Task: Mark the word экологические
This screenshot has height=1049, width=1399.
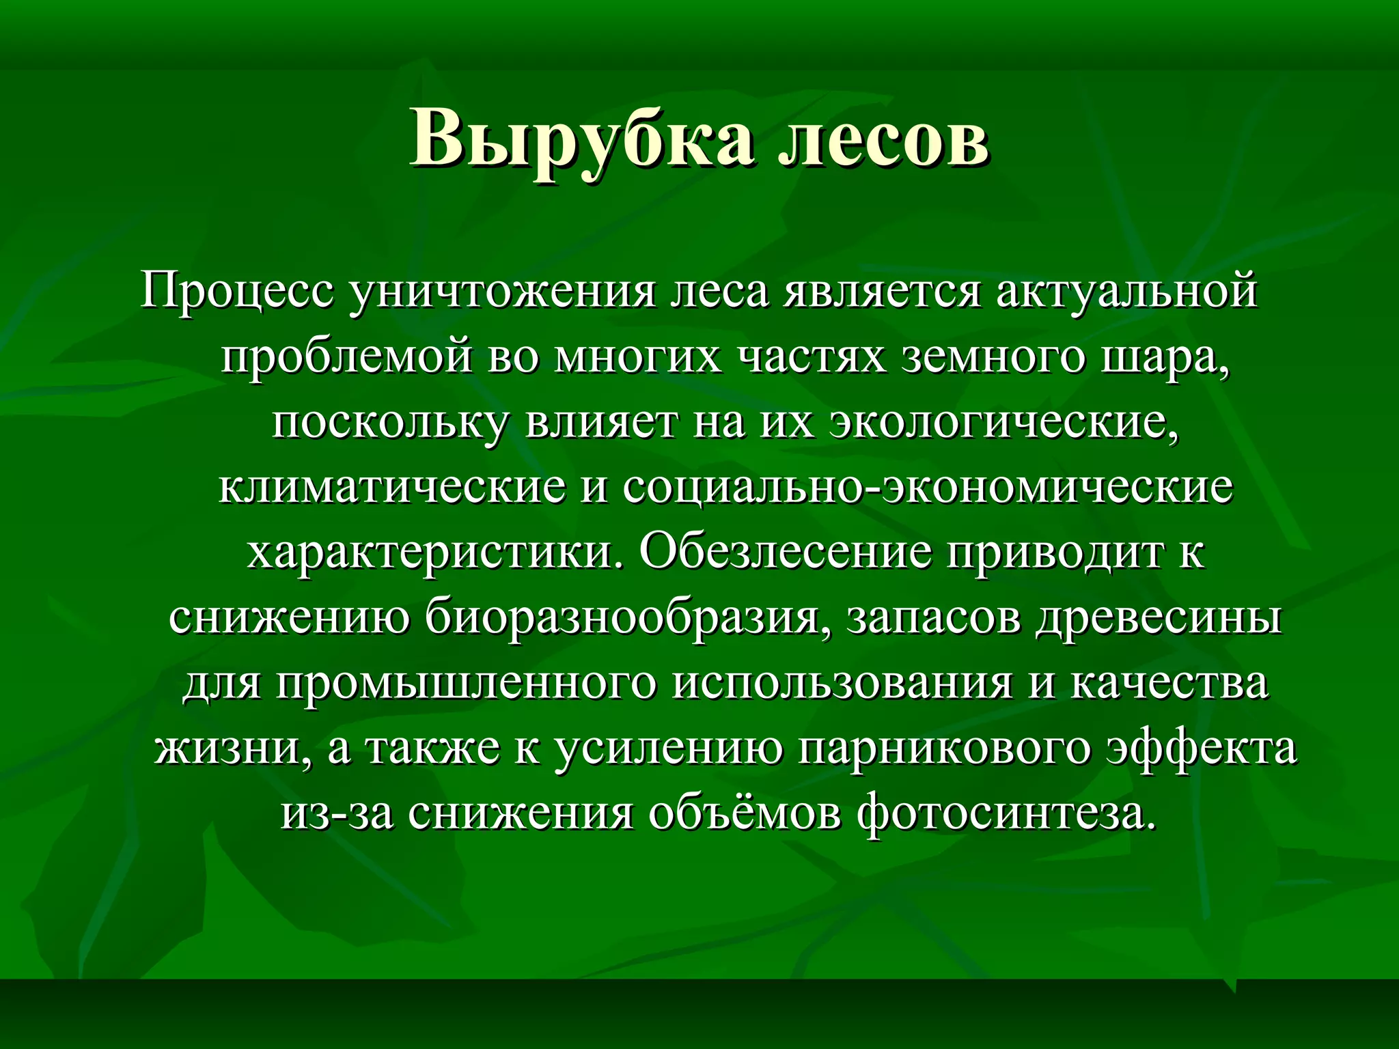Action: tap(1004, 423)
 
